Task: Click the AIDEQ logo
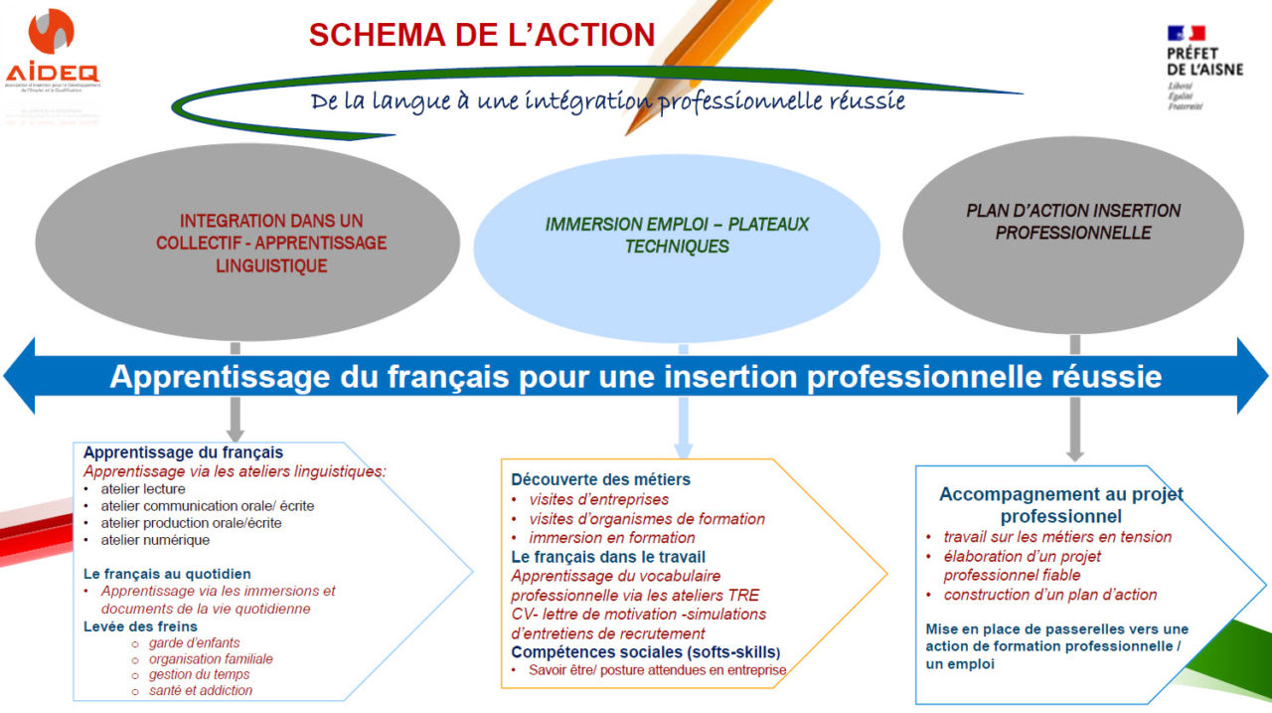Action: tap(52, 50)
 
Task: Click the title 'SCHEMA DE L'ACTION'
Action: tap(482, 35)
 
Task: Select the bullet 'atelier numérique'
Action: tap(155, 540)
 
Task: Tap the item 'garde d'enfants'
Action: tap(195, 643)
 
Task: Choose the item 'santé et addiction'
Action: tap(201, 691)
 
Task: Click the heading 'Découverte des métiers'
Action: tap(600, 479)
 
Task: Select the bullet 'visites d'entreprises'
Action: tap(599, 499)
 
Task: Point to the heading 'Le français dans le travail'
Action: tap(608, 557)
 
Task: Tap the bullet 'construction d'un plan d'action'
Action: tap(1050, 595)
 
